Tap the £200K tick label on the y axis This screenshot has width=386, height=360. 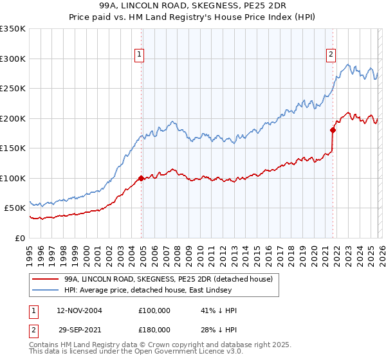[x=13, y=118]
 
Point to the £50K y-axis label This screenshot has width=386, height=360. [x=15, y=208]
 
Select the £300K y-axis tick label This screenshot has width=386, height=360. [x=13, y=59]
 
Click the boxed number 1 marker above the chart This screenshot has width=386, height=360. [x=140, y=55]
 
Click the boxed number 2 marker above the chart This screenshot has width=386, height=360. [x=331, y=55]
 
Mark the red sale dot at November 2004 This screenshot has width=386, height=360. [x=141, y=178]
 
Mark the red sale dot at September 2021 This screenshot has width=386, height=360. [x=333, y=130]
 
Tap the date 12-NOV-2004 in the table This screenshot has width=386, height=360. [x=79, y=310]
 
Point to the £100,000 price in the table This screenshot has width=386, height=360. [x=154, y=310]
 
